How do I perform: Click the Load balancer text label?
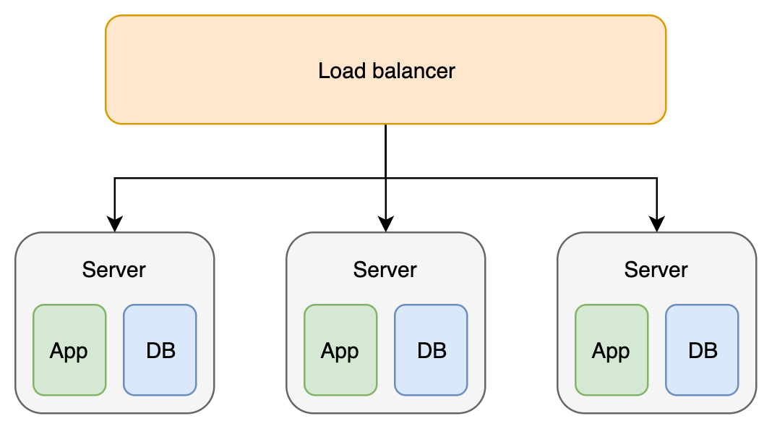(x=386, y=71)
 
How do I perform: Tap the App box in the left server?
(x=69, y=351)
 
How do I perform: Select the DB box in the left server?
(x=160, y=351)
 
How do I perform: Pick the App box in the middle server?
(x=340, y=351)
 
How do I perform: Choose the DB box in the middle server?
(x=431, y=351)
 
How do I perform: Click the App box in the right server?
(x=612, y=351)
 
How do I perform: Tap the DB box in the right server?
(x=702, y=351)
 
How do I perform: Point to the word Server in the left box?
(x=114, y=270)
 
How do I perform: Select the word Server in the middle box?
(x=385, y=270)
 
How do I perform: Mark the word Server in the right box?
(x=656, y=270)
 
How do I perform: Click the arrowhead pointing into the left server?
(x=114, y=225)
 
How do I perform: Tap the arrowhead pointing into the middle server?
(x=385, y=225)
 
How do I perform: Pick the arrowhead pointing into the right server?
(x=656, y=225)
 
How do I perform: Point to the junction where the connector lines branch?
(x=385, y=178)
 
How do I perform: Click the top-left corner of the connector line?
(x=114, y=178)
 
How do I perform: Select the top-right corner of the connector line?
(x=656, y=178)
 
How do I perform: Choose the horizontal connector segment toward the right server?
(x=520, y=178)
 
